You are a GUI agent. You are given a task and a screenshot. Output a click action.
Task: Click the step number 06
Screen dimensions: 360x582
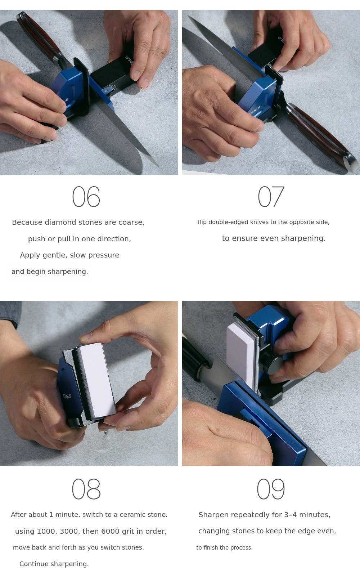86,196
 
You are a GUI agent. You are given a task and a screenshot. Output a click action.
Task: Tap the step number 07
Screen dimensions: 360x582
271,196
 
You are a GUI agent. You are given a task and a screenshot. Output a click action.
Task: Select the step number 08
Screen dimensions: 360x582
86,489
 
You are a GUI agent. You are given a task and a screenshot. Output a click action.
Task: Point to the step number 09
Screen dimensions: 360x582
271,489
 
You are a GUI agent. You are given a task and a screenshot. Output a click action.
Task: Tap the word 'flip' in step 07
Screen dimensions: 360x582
202,222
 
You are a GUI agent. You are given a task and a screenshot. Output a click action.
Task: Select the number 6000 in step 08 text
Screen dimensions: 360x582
111,531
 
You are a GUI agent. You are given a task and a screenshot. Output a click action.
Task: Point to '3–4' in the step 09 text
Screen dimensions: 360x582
291,515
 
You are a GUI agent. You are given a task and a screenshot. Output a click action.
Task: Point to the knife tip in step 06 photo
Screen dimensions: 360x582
158,166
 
